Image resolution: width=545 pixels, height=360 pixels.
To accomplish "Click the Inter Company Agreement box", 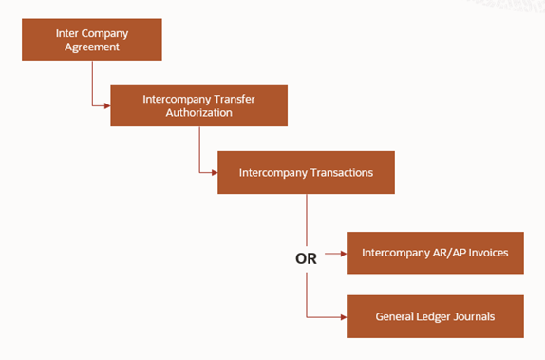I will pos(93,39).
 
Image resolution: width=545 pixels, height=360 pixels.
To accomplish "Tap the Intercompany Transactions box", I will pos(306,172).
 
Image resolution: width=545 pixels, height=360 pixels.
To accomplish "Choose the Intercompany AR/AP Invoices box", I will pos(435,253).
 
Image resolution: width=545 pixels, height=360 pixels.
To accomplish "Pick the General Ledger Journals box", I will pos(435,316).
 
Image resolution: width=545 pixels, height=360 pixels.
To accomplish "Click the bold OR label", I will pos(306,256).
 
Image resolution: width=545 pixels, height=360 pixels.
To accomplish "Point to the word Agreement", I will pos(93,47).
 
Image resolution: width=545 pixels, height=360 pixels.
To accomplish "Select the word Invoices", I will pos(485,253).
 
